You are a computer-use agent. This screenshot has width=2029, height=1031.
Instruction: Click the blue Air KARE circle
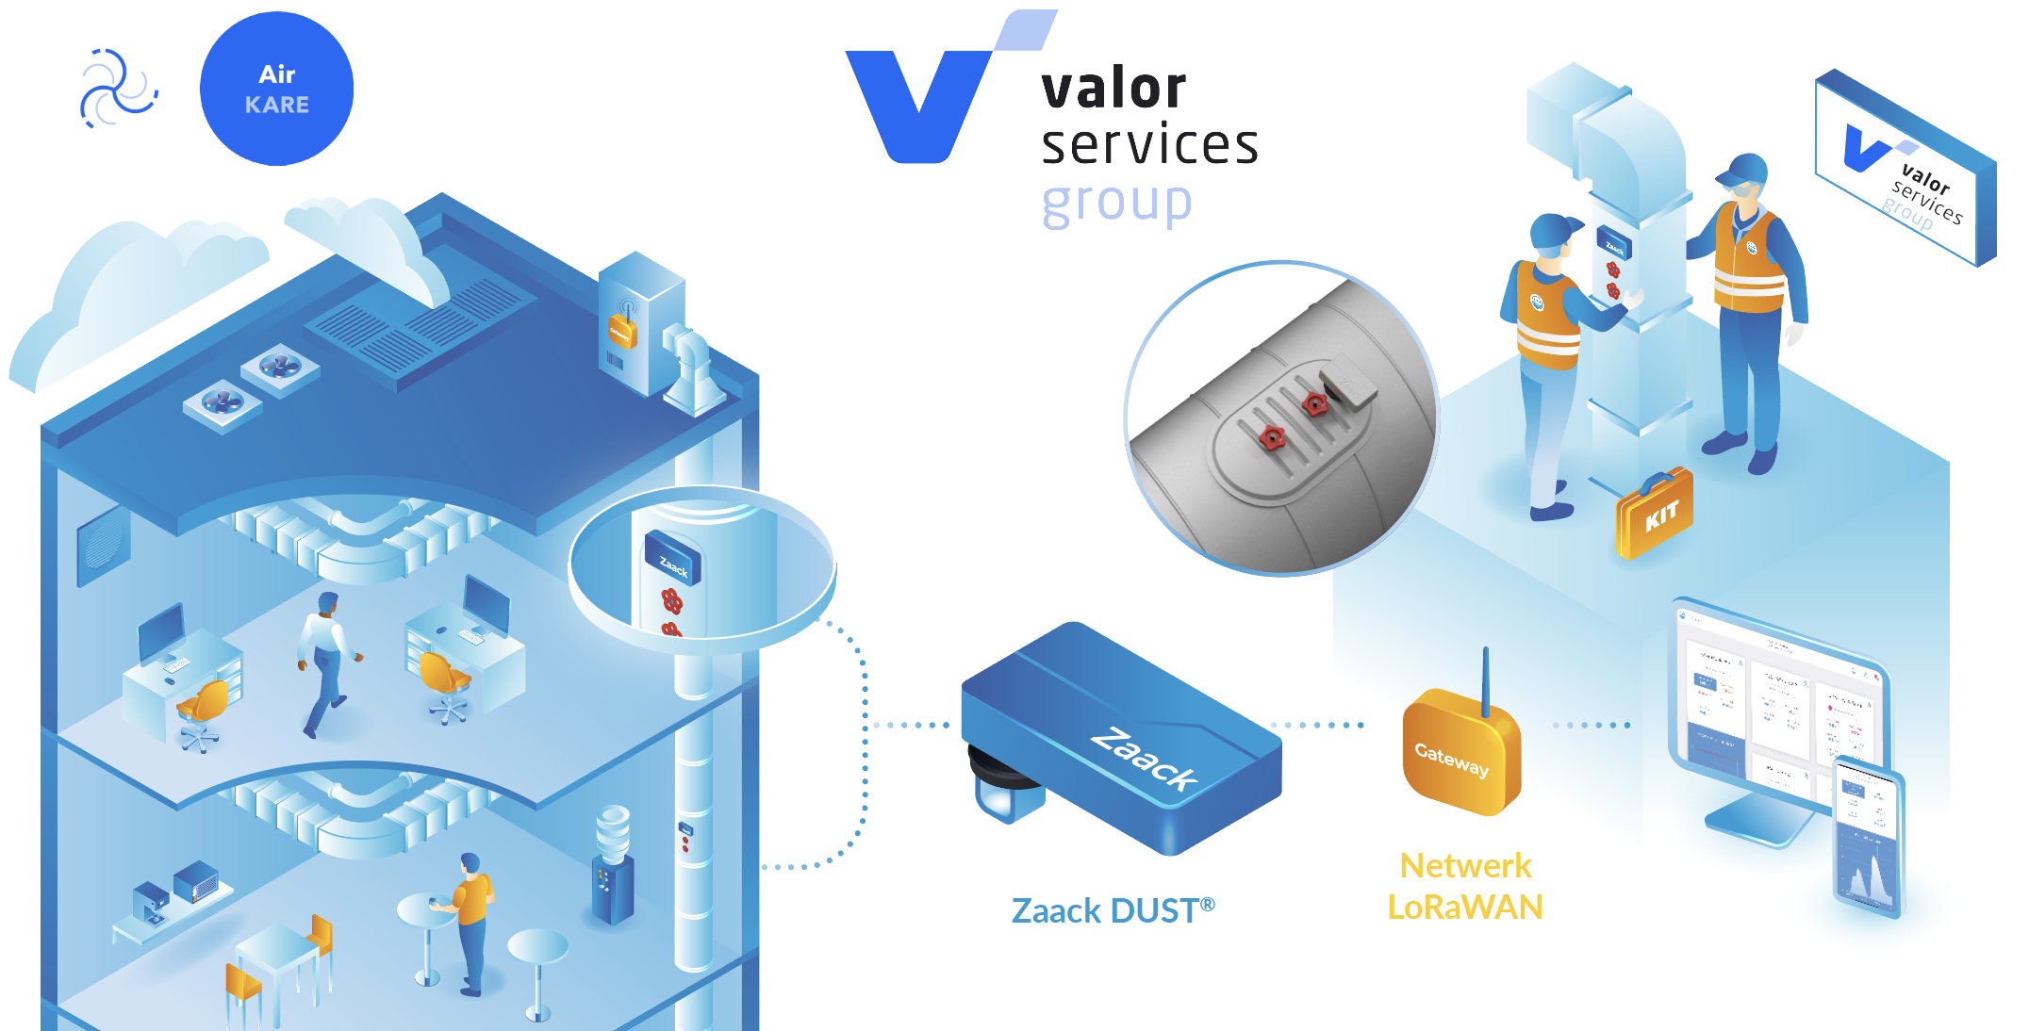click(x=276, y=89)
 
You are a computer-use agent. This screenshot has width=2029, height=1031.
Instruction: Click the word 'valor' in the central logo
click(x=1113, y=89)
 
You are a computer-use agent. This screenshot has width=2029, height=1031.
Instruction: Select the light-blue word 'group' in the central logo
click(x=1116, y=203)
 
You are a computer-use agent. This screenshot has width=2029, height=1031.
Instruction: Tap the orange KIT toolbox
click(x=1655, y=514)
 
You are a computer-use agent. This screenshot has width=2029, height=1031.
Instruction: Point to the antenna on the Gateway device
click(x=1486, y=679)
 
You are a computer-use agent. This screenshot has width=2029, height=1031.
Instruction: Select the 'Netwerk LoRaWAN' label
click(x=1465, y=886)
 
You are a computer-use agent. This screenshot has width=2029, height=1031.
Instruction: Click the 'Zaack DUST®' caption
click(x=1113, y=910)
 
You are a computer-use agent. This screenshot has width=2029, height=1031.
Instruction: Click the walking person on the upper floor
click(x=325, y=660)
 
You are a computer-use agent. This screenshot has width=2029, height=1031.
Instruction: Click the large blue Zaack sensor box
click(x=1122, y=735)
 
